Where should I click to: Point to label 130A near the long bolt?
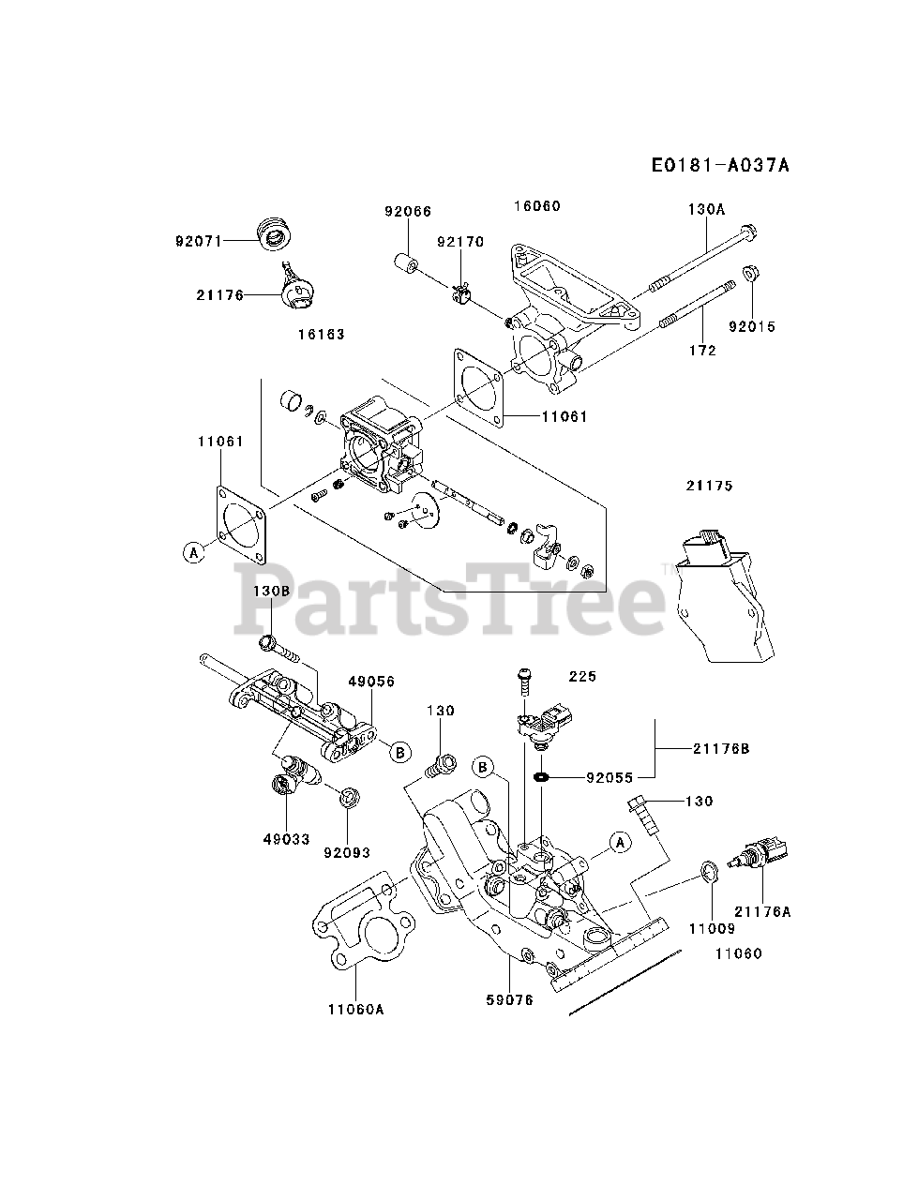pos(706,210)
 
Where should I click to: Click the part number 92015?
pos(753,327)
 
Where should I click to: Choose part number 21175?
pos(709,486)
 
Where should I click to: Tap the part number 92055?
pos(610,777)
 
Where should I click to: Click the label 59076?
pos(509,1000)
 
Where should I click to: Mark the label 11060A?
pos(356,1010)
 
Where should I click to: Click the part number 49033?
pos(285,839)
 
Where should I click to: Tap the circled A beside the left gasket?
pos(193,552)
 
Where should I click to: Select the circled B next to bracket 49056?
pos(399,751)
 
